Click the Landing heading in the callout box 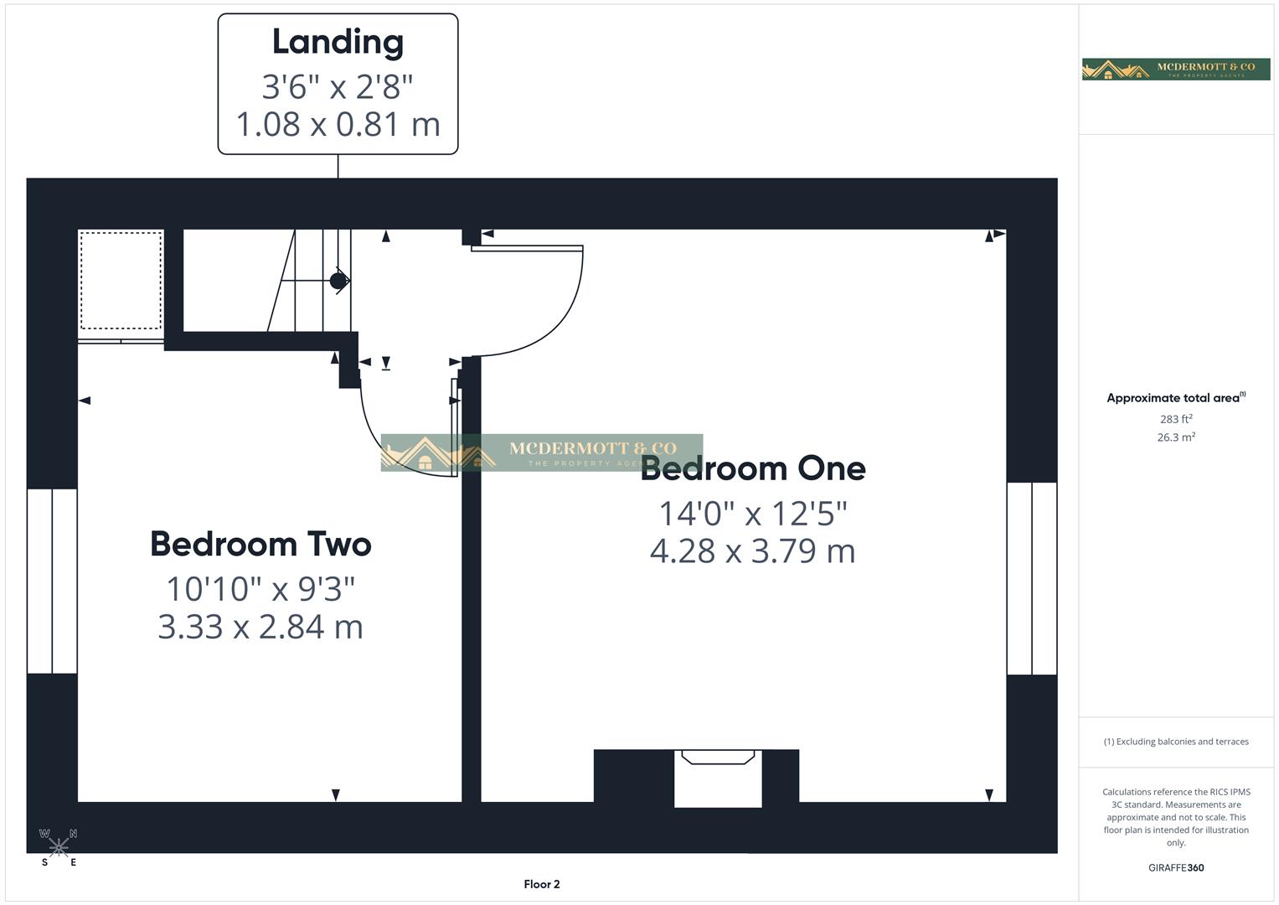point(338,43)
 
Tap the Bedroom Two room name point(260,545)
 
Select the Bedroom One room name point(753,469)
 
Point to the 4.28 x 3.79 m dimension point(753,551)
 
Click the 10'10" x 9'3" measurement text point(260,588)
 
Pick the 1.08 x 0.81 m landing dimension point(338,124)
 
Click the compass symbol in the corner point(59,847)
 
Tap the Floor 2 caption point(542,884)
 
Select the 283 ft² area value point(1176,419)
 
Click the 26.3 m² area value point(1176,437)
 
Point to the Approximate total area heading point(1175,398)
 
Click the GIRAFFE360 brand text point(1176,868)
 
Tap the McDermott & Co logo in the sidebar point(1176,69)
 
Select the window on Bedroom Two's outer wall point(52,581)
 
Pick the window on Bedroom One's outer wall point(1032,578)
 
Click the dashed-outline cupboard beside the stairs point(121,281)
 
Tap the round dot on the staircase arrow point(338,281)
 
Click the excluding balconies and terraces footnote point(1176,742)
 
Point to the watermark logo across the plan point(541,452)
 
